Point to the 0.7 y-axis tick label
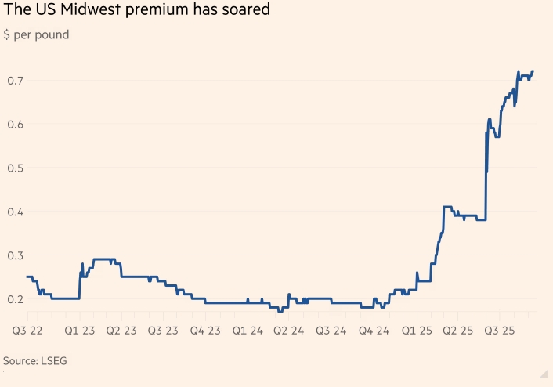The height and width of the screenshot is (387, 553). [14, 81]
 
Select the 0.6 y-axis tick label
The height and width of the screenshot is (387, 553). [14, 125]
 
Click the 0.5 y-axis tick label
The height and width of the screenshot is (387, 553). [14, 168]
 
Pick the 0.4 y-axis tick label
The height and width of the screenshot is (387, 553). [14, 212]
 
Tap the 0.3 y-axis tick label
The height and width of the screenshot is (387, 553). [14, 255]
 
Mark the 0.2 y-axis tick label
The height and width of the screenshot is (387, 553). [14, 299]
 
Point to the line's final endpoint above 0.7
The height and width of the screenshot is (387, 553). [533, 71]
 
